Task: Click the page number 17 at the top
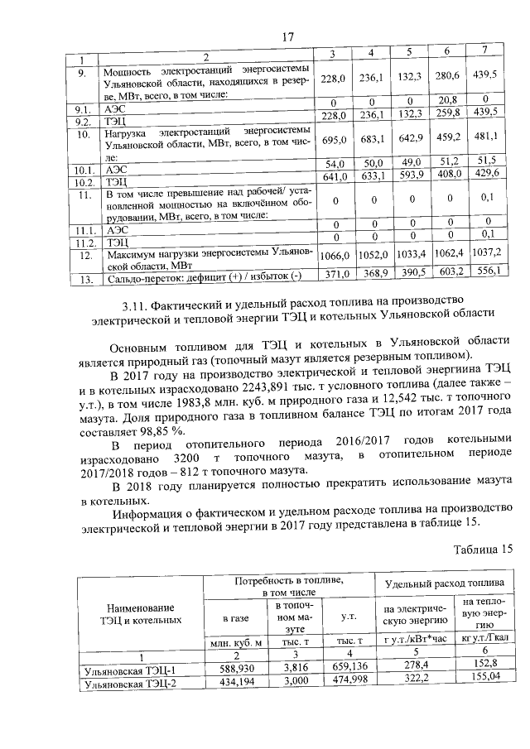click(x=288, y=36)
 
